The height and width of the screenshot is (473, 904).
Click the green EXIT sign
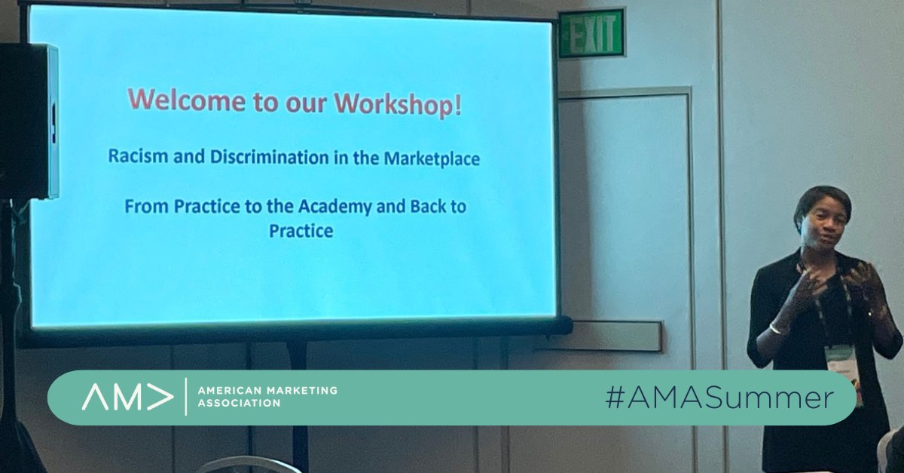coord(591,34)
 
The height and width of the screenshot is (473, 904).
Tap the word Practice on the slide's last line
coord(301,231)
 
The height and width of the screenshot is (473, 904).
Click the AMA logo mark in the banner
coord(127,398)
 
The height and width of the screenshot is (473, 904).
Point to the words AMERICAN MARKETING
coord(267,391)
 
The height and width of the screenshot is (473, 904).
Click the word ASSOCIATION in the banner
coord(239,404)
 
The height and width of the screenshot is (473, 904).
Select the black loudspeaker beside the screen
coord(28,121)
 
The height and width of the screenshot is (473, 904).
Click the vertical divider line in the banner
coord(185,398)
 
